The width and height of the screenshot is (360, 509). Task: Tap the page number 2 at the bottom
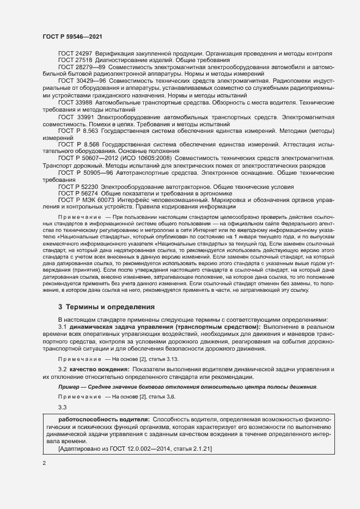pyautogui.click(x=44, y=463)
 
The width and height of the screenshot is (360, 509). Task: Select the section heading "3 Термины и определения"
pyautogui.click(x=106, y=307)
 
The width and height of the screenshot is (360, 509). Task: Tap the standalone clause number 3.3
pyautogui.click(x=62, y=407)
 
